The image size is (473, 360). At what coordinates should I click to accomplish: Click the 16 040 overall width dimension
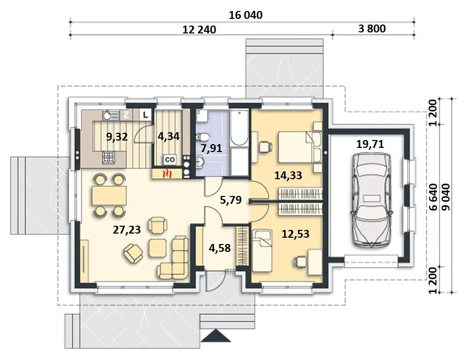click(245, 15)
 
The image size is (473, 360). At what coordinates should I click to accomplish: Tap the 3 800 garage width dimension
click(372, 28)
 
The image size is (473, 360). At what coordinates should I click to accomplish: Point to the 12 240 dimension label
click(199, 30)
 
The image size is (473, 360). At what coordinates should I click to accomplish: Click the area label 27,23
click(127, 230)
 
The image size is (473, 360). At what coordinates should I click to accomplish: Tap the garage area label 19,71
click(370, 144)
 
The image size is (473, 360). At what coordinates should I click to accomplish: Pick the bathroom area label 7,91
click(211, 148)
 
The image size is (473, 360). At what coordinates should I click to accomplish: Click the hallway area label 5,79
click(231, 200)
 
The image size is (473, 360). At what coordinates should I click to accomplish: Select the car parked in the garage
click(371, 200)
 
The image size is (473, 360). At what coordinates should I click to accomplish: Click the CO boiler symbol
click(170, 160)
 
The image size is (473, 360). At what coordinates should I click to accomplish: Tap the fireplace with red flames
click(167, 174)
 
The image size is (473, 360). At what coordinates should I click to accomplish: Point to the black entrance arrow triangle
click(216, 335)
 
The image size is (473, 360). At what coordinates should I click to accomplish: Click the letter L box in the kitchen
click(146, 115)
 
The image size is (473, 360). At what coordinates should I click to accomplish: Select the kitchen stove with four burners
click(109, 157)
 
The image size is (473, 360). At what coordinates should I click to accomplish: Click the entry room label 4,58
click(220, 248)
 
